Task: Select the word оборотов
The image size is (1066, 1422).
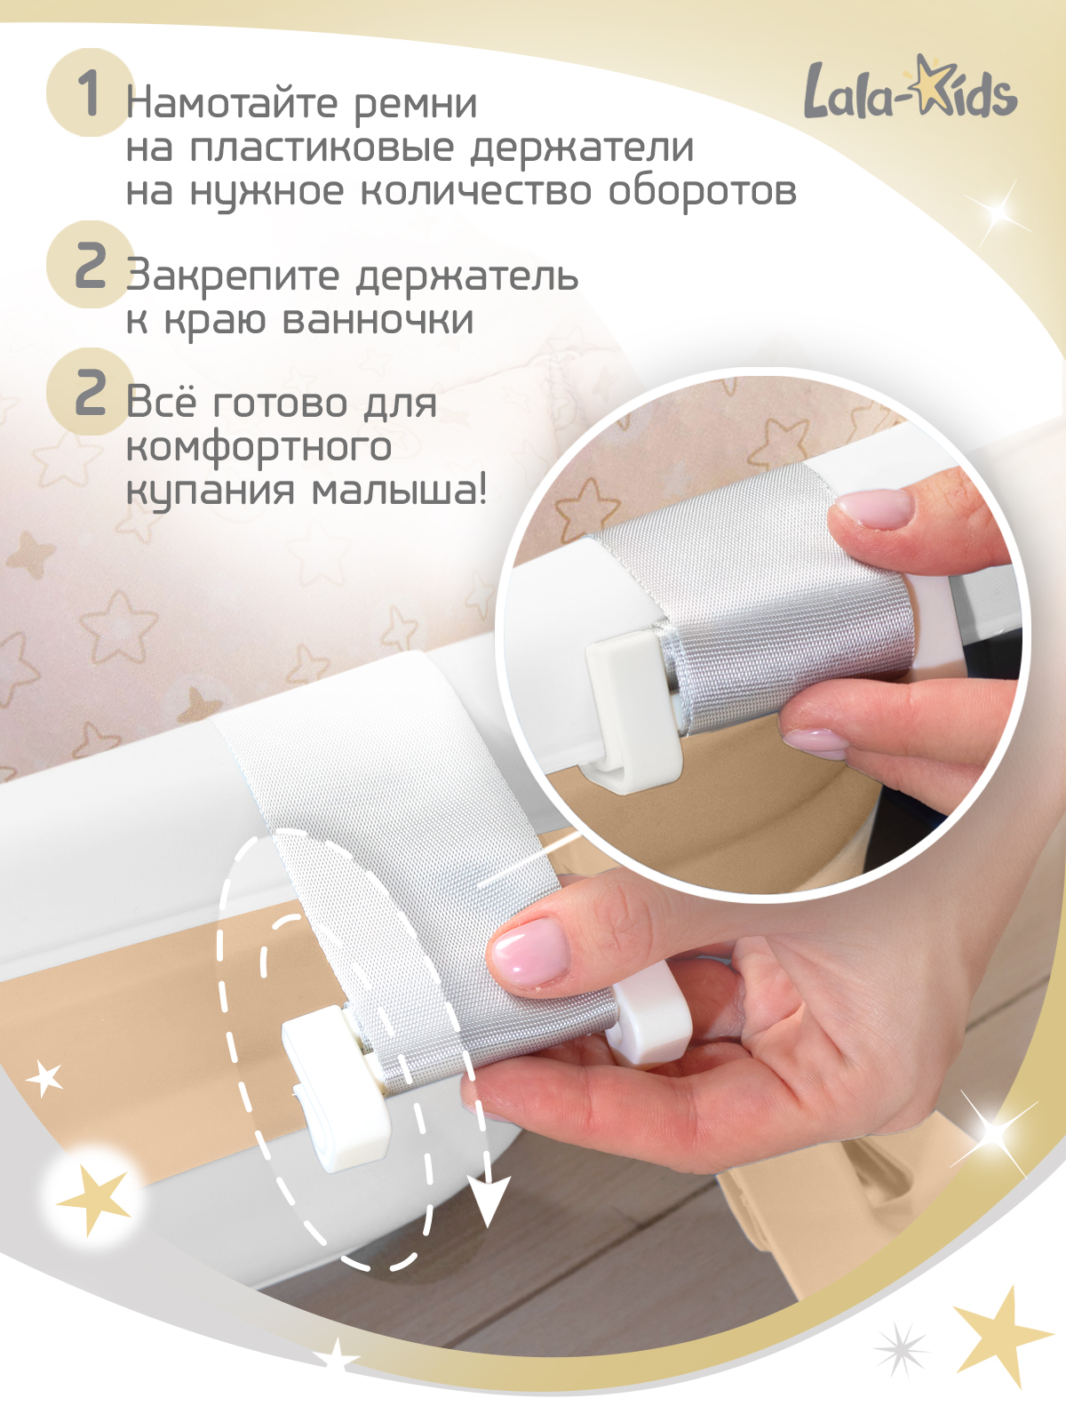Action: pos(702,191)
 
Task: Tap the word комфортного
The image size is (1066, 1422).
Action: pos(259,447)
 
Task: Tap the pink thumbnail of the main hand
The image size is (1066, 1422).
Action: pos(530,951)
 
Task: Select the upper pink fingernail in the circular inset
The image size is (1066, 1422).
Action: pos(873,509)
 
